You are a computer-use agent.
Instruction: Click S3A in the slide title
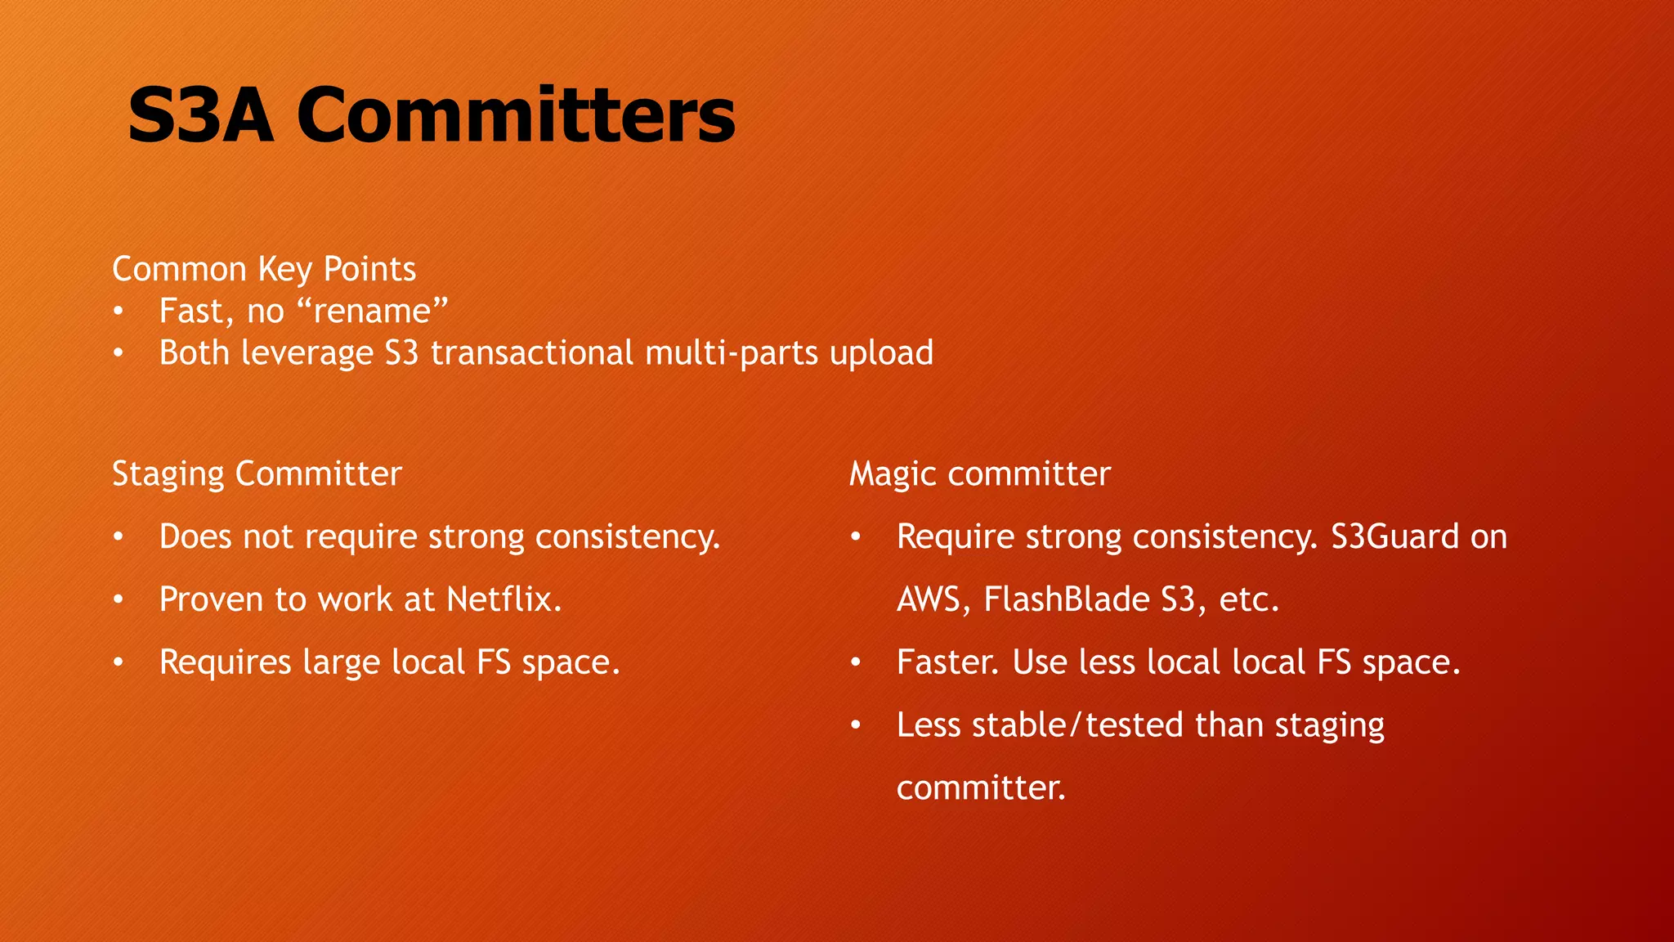(x=201, y=116)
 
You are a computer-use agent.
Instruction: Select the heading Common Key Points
(x=264, y=269)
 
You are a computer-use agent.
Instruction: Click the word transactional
(x=532, y=353)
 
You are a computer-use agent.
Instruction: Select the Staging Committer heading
(x=257, y=474)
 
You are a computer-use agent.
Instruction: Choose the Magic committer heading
(x=979, y=474)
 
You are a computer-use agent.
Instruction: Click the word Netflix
(x=504, y=599)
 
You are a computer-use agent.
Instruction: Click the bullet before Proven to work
(x=119, y=600)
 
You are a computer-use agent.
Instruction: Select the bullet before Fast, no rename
(x=119, y=312)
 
